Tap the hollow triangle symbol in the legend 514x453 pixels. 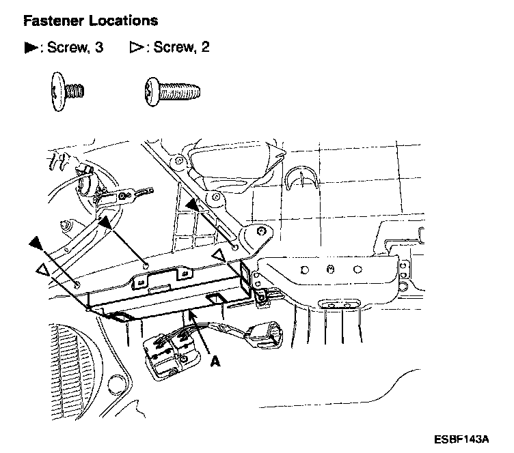pos(135,48)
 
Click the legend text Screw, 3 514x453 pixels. pos(75,48)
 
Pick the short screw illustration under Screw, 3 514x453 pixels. pos(67,91)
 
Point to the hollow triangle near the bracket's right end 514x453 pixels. pos(218,256)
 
